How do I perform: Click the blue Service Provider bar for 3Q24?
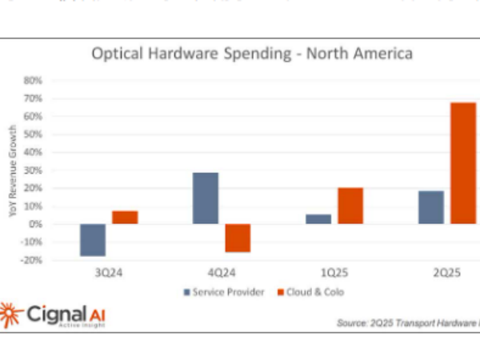point(93,240)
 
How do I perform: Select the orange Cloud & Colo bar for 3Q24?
point(125,217)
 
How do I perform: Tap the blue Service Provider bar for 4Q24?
point(206,198)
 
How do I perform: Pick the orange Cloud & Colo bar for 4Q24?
point(238,238)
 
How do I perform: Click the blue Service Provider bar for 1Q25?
point(318,218)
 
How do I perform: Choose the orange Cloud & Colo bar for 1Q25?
point(350,206)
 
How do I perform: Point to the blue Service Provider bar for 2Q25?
point(431,207)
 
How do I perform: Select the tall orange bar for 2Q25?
point(463,163)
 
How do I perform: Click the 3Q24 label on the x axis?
point(109,271)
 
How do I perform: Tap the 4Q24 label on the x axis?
point(222,271)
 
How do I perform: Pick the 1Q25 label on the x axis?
point(334,271)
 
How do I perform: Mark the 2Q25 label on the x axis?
point(447,271)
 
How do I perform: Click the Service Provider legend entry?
point(226,292)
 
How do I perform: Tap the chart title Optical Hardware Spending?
point(252,55)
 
